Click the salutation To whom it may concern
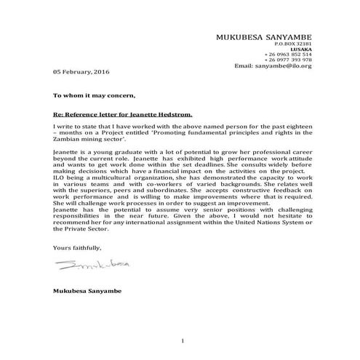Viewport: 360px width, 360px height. point(94,96)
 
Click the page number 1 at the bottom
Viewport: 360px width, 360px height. point(183,340)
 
